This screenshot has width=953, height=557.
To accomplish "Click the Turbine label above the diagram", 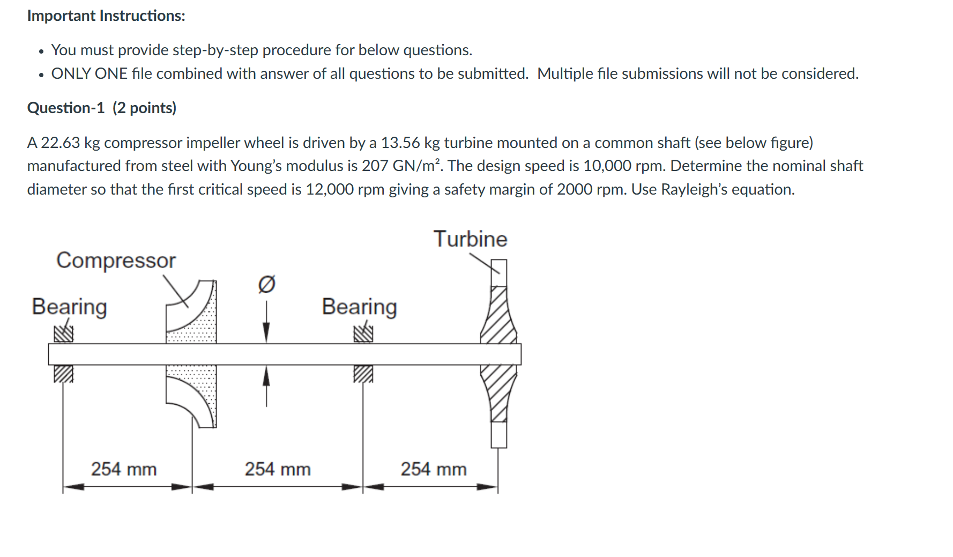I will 470,239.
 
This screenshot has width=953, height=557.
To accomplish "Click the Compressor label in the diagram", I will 116,261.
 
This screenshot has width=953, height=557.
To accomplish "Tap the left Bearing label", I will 69,307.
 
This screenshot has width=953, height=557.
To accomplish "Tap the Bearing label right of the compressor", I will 359,307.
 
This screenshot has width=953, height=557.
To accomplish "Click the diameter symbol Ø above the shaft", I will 266,284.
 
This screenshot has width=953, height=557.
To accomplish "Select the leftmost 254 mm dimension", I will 124,469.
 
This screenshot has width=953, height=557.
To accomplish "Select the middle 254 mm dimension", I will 278,469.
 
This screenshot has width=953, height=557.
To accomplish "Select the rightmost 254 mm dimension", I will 434,469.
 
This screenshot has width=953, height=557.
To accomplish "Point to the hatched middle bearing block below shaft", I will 363,374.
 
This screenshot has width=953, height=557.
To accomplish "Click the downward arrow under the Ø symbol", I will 266,324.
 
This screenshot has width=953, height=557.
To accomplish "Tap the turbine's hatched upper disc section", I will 498,316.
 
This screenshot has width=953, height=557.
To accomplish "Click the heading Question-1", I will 66,108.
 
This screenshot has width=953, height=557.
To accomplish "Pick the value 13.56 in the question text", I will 400,143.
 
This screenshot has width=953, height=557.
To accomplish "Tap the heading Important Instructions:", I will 106,16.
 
